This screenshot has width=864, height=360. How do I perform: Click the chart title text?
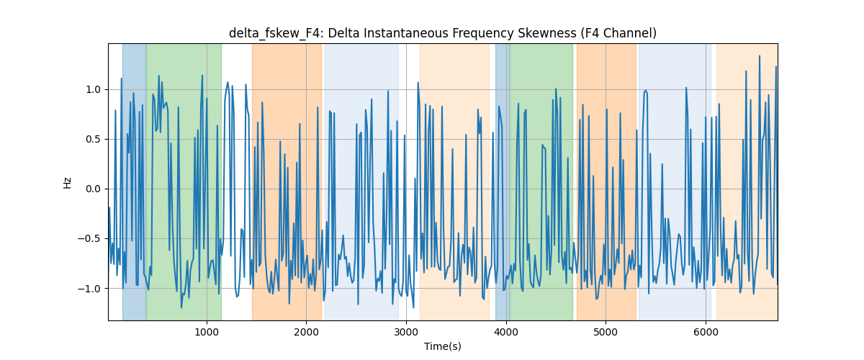(442, 33)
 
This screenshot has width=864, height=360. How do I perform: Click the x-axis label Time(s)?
(442, 346)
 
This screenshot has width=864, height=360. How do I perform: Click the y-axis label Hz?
(68, 182)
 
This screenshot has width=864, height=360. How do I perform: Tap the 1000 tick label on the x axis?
(207, 332)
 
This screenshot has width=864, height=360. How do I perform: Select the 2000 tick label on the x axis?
(306, 332)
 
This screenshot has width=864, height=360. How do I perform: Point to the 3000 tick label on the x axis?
(406, 332)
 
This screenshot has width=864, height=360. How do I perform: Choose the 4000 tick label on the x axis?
(505, 332)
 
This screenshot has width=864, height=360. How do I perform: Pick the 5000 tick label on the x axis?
(606, 332)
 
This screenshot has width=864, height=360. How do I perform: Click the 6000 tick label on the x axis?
(706, 332)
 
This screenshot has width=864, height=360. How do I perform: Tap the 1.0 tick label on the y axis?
(93, 89)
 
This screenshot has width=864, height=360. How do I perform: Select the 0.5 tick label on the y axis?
(93, 139)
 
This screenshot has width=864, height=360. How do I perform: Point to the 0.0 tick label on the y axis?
(93, 189)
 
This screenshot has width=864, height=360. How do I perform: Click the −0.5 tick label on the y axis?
(89, 239)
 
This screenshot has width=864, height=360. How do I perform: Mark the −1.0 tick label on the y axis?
(89, 289)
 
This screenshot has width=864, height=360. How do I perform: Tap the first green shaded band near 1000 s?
(184, 181)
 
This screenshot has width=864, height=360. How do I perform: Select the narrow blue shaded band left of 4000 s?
(503, 181)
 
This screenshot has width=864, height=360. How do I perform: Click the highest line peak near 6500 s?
(760, 56)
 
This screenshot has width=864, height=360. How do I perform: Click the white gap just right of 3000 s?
(409, 181)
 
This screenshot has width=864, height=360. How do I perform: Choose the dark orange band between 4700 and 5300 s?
(606, 181)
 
